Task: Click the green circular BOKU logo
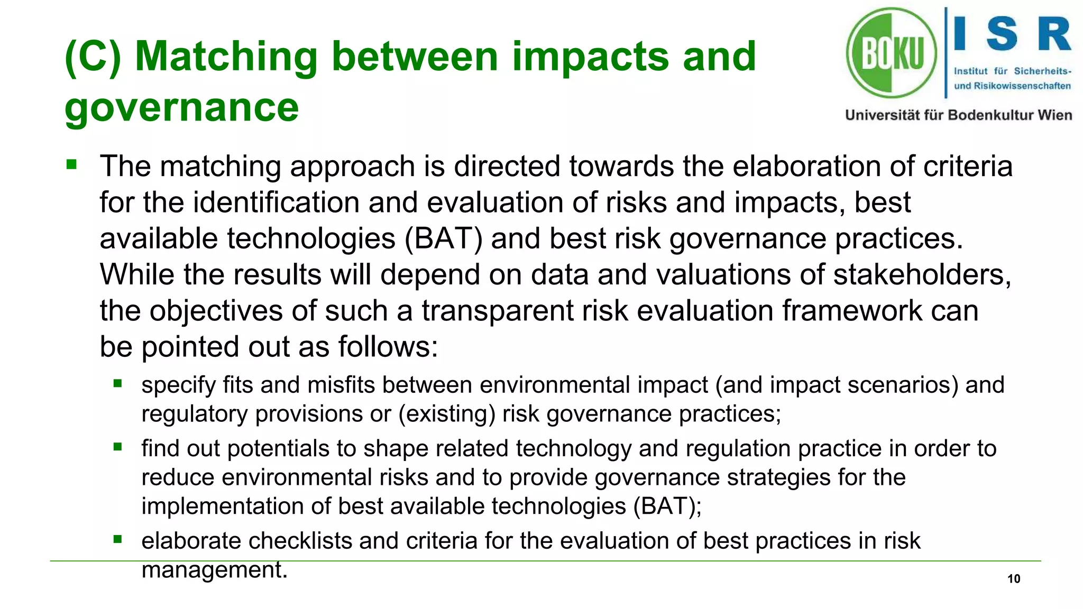[x=892, y=53]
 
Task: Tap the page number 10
[x=1013, y=578]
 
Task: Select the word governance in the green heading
[x=181, y=107]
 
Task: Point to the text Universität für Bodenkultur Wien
[x=958, y=115]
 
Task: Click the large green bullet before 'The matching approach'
[x=71, y=165]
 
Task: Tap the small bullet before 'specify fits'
[x=117, y=383]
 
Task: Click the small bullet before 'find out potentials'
[x=117, y=447]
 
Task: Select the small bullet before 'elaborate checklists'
[x=117, y=540]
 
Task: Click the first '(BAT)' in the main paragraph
[x=443, y=238]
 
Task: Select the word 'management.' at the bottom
[x=214, y=570]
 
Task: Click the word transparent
[x=497, y=310]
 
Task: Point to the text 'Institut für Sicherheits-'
[x=1012, y=71]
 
